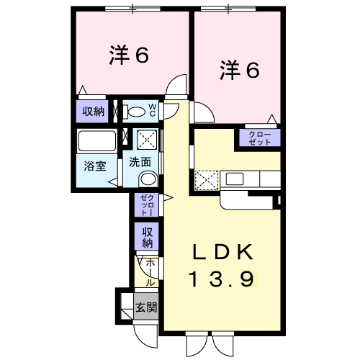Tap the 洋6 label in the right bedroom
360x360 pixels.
click(x=238, y=70)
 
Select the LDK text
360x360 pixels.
click(x=222, y=253)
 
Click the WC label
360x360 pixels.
click(x=153, y=109)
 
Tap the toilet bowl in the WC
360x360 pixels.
click(x=137, y=112)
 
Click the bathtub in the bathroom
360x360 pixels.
click(x=96, y=140)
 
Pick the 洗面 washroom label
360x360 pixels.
click(x=140, y=162)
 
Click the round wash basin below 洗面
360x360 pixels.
click(x=148, y=179)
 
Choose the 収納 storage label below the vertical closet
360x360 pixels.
click(x=147, y=234)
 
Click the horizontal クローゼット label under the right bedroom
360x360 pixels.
click(x=259, y=138)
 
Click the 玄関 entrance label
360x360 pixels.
click(x=146, y=308)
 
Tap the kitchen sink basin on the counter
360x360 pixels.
click(x=236, y=178)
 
